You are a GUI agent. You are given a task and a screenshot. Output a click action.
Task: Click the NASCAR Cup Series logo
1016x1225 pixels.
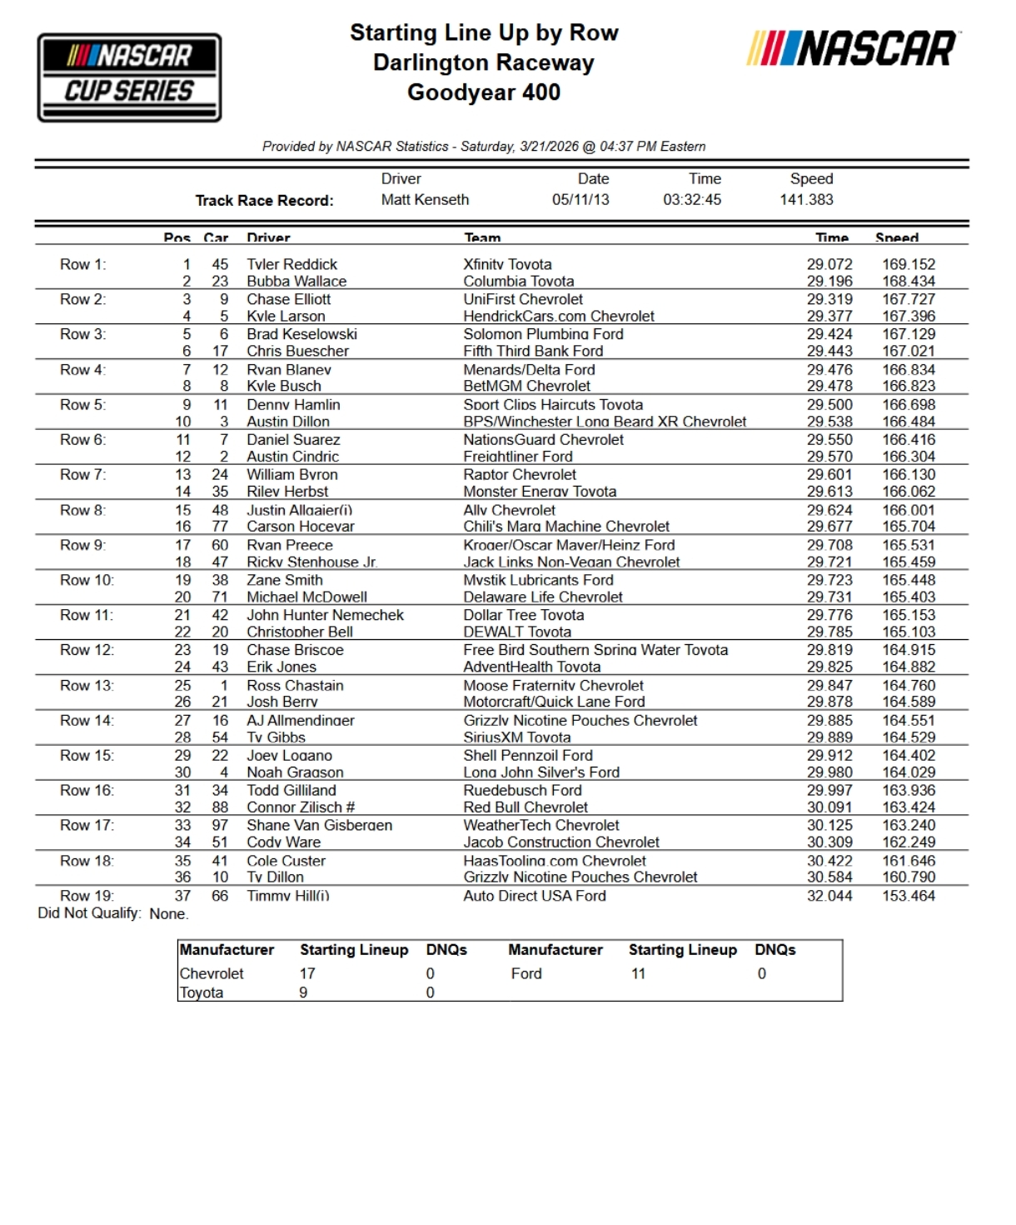[x=129, y=77]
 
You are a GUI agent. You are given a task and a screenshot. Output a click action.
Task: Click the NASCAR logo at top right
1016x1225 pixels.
[x=853, y=48]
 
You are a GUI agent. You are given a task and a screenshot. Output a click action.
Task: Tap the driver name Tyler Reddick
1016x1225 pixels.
[x=291, y=264]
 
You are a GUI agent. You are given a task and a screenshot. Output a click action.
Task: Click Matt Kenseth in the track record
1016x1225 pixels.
[x=425, y=200]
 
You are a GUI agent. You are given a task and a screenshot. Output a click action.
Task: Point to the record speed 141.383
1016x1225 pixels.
[x=806, y=200]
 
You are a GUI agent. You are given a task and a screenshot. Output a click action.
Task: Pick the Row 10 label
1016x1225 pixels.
[x=87, y=580]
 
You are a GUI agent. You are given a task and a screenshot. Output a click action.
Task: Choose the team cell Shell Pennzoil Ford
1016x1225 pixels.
[x=528, y=755]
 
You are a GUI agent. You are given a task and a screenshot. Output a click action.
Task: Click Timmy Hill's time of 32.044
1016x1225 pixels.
[x=829, y=896]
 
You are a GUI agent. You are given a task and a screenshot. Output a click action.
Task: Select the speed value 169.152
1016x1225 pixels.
[x=909, y=264]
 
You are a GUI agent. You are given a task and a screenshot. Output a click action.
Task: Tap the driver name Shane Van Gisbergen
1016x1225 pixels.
[x=319, y=825]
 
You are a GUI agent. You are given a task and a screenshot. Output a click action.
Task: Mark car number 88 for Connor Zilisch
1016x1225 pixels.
[x=220, y=807]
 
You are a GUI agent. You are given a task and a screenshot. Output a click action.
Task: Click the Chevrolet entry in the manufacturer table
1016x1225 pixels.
[x=212, y=973]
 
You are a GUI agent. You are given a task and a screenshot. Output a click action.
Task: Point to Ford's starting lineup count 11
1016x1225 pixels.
[x=638, y=973]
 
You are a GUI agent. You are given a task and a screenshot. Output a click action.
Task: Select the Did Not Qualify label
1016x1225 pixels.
[x=89, y=913]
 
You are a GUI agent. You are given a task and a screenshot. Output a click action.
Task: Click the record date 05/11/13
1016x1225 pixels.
[x=580, y=200]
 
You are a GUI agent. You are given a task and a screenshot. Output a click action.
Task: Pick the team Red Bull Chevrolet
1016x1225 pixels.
[x=525, y=807]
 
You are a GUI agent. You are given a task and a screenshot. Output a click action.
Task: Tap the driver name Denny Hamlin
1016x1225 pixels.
[x=293, y=404]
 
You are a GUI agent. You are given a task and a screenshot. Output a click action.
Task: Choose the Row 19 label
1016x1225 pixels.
[x=87, y=896]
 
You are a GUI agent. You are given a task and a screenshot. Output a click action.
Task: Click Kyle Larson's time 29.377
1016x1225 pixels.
[x=829, y=316]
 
